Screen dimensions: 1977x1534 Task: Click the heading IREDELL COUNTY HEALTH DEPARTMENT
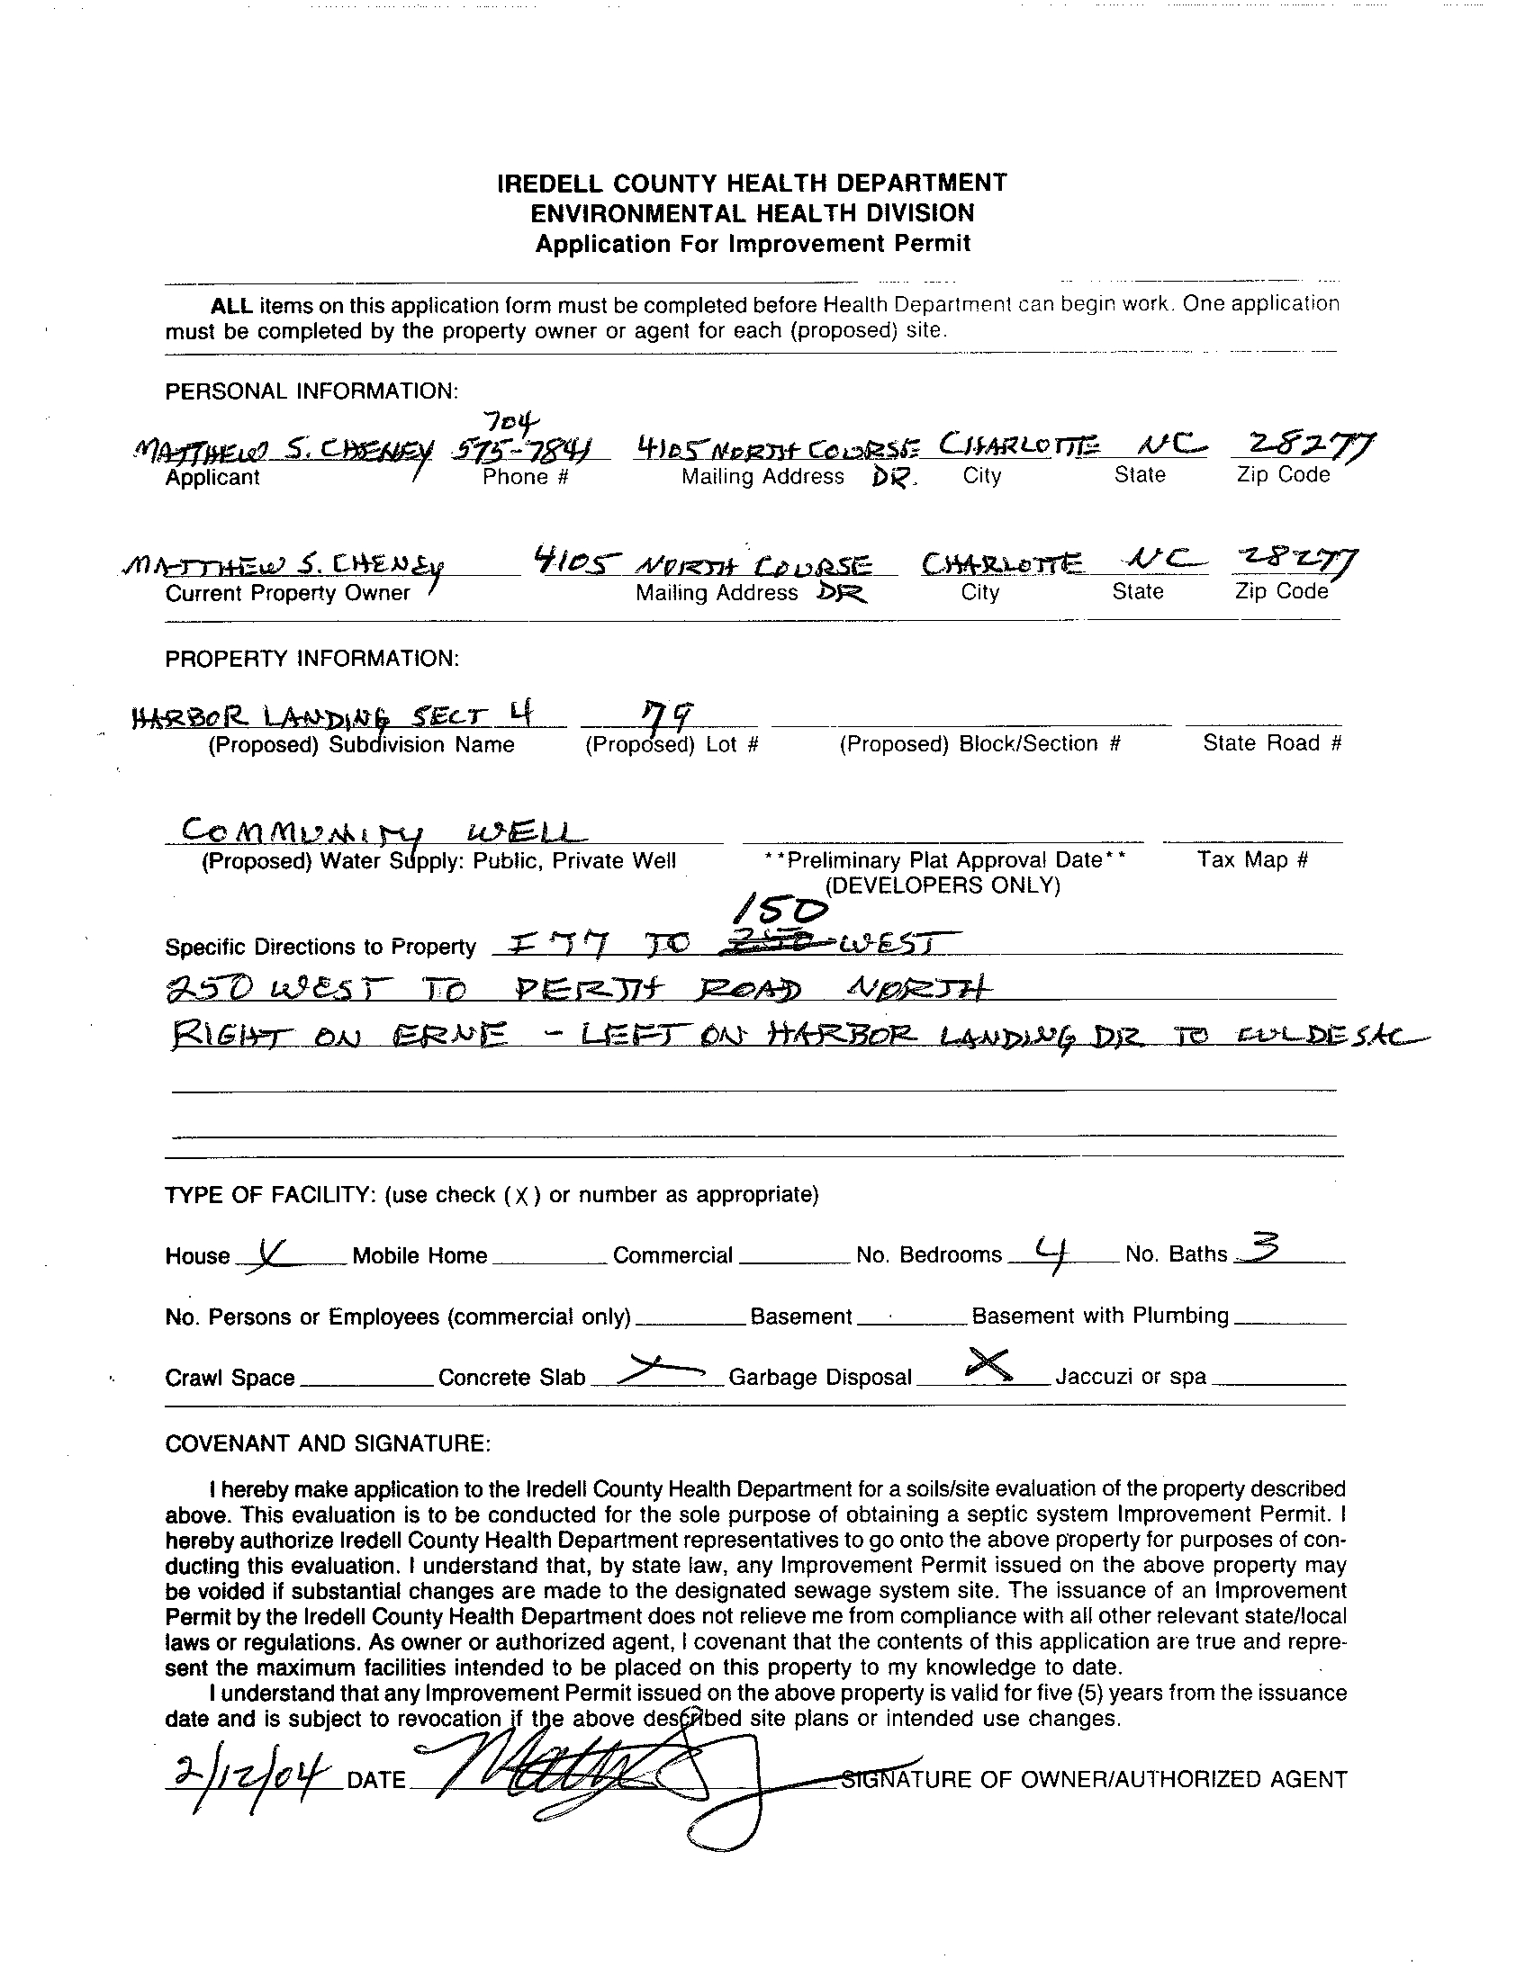(x=752, y=184)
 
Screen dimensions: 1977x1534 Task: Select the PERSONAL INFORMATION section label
(x=311, y=391)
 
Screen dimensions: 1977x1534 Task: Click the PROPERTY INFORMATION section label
(x=312, y=658)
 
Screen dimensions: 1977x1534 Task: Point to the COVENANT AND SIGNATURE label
(x=328, y=1443)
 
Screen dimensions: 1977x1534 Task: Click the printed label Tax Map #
(x=1252, y=859)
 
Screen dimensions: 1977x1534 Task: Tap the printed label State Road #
(x=1271, y=743)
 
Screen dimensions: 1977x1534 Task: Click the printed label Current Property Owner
(x=288, y=593)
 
